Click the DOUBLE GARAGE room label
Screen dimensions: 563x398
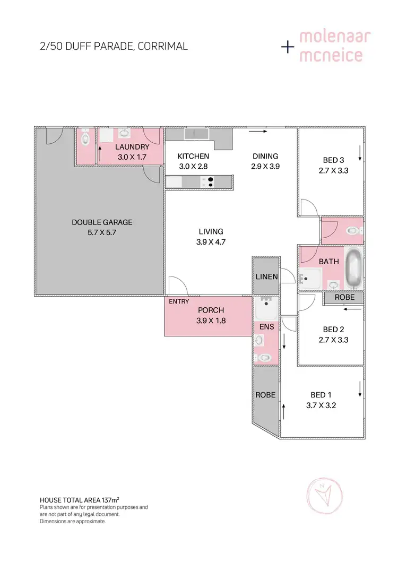(x=102, y=222)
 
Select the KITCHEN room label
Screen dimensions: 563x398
(x=193, y=156)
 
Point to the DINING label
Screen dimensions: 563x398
(x=265, y=156)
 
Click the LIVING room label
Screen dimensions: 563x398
(x=211, y=231)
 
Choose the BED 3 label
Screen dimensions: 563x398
(x=334, y=160)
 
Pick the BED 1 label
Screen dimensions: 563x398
(x=321, y=395)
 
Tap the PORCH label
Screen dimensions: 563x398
(x=211, y=310)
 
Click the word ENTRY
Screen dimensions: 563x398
(x=179, y=302)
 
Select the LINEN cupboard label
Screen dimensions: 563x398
(x=266, y=277)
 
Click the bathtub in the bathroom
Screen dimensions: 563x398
(x=353, y=268)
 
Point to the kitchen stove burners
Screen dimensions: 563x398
(x=210, y=182)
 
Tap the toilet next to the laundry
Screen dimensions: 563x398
(x=85, y=140)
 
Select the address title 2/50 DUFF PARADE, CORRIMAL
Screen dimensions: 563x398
(x=114, y=46)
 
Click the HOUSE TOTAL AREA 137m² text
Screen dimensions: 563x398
(x=80, y=500)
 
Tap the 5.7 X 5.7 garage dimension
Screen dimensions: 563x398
(x=102, y=232)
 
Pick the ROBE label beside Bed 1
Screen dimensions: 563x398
(x=265, y=395)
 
